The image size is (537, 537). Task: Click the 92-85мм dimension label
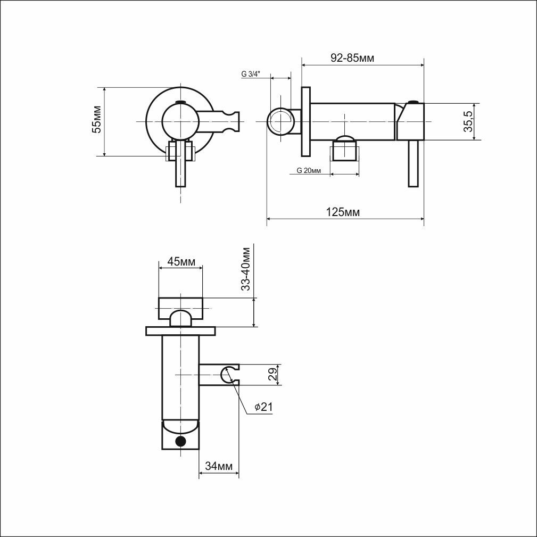coord(352,58)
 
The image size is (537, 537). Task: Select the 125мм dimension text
coord(342,212)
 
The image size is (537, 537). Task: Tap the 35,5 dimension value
coord(468,121)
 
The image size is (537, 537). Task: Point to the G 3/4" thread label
coord(251,73)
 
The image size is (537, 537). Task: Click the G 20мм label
coord(309,170)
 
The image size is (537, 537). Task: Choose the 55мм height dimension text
coord(97,119)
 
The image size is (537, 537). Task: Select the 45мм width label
coord(181,262)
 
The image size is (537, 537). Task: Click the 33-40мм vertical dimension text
coord(245,268)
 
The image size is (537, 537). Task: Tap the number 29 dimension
coord(272,375)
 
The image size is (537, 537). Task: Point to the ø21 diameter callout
coord(263,407)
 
